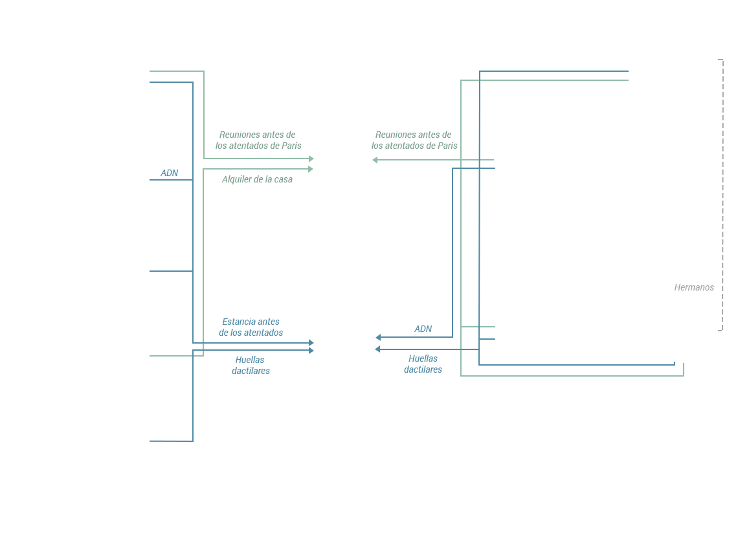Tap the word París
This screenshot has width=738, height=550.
tap(291, 146)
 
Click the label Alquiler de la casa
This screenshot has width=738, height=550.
tap(257, 179)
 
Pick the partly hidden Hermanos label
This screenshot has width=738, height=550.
tap(694, 287)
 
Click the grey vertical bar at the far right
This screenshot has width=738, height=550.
tap(721, 194)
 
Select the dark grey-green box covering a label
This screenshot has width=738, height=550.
tap(414, 139)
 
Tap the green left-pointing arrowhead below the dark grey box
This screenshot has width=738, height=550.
tap(375, 160)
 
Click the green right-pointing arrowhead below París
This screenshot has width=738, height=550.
tap(311, 169)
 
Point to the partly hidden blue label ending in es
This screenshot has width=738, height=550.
tap(423, 369)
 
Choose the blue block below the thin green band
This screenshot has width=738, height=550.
tap(230, 398)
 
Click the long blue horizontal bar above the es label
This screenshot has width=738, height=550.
tap(526, 357)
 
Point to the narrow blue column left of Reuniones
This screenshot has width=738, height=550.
tap(171, 194)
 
